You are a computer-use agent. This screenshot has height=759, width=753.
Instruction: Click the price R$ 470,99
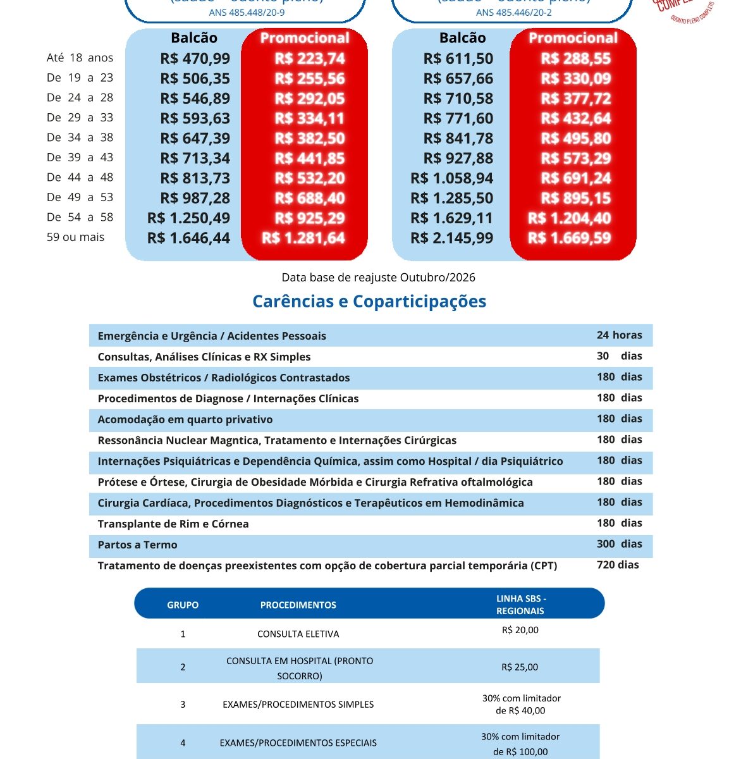195,59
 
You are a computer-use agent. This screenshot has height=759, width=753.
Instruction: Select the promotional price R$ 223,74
310,59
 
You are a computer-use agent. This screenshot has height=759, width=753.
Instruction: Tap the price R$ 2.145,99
451,238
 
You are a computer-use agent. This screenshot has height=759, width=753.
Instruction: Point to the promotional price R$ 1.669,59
569,238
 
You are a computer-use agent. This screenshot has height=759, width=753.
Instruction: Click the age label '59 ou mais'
75,237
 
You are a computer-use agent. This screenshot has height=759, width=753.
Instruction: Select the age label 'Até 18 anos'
80,58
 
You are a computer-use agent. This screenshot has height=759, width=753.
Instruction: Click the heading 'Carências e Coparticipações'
369,301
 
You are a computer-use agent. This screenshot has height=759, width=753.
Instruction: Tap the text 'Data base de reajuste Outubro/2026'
378,277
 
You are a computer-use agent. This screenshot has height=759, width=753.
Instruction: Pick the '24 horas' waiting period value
619,335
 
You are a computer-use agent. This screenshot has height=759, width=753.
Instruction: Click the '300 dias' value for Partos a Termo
619,544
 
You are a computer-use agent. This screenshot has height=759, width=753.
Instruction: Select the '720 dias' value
618,565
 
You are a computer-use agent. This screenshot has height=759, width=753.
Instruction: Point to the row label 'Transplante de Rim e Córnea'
173,524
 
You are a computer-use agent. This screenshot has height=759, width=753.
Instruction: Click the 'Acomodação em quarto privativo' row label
185,419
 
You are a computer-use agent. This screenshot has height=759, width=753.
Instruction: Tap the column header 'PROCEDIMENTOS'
298,605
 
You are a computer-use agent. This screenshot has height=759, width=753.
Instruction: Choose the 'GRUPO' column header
183,605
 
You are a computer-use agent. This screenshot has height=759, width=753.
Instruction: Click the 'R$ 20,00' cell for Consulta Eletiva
520,630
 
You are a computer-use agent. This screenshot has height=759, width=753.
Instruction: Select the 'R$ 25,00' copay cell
520,667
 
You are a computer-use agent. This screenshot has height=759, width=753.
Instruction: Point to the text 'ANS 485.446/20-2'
513,13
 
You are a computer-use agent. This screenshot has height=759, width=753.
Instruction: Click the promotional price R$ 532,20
310,178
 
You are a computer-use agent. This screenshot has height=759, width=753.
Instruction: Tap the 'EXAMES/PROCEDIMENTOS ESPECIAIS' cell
298,743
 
